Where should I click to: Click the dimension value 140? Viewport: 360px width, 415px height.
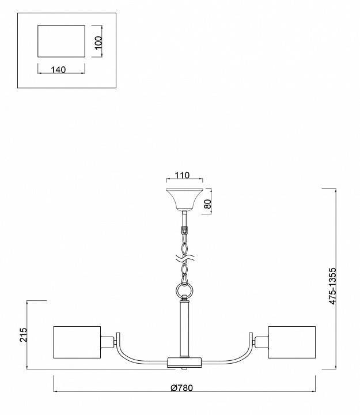coord(58,69)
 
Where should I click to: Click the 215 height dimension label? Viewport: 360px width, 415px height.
coord(23,335)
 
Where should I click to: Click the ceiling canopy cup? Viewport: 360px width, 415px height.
coord(184,199)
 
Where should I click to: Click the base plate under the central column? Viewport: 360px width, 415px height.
coord(184,361)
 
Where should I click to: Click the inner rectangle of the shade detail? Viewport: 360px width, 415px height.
coord(61,41)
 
